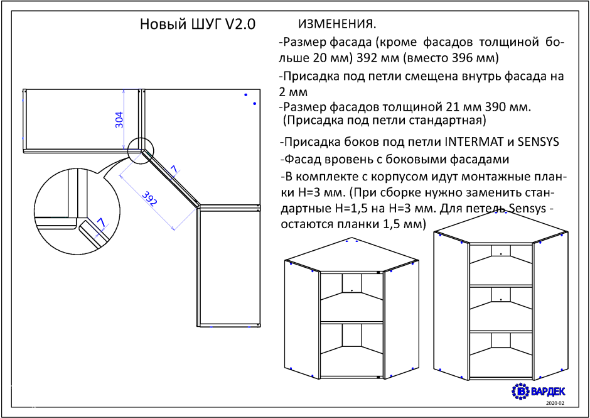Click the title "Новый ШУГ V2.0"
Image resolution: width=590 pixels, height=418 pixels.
tap(198, 24)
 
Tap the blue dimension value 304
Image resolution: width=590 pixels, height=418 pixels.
tap(119, 120)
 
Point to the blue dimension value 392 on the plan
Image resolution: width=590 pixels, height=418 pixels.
tap(149, 198)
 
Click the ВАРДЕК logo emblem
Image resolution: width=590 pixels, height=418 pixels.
tap(521, 392)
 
